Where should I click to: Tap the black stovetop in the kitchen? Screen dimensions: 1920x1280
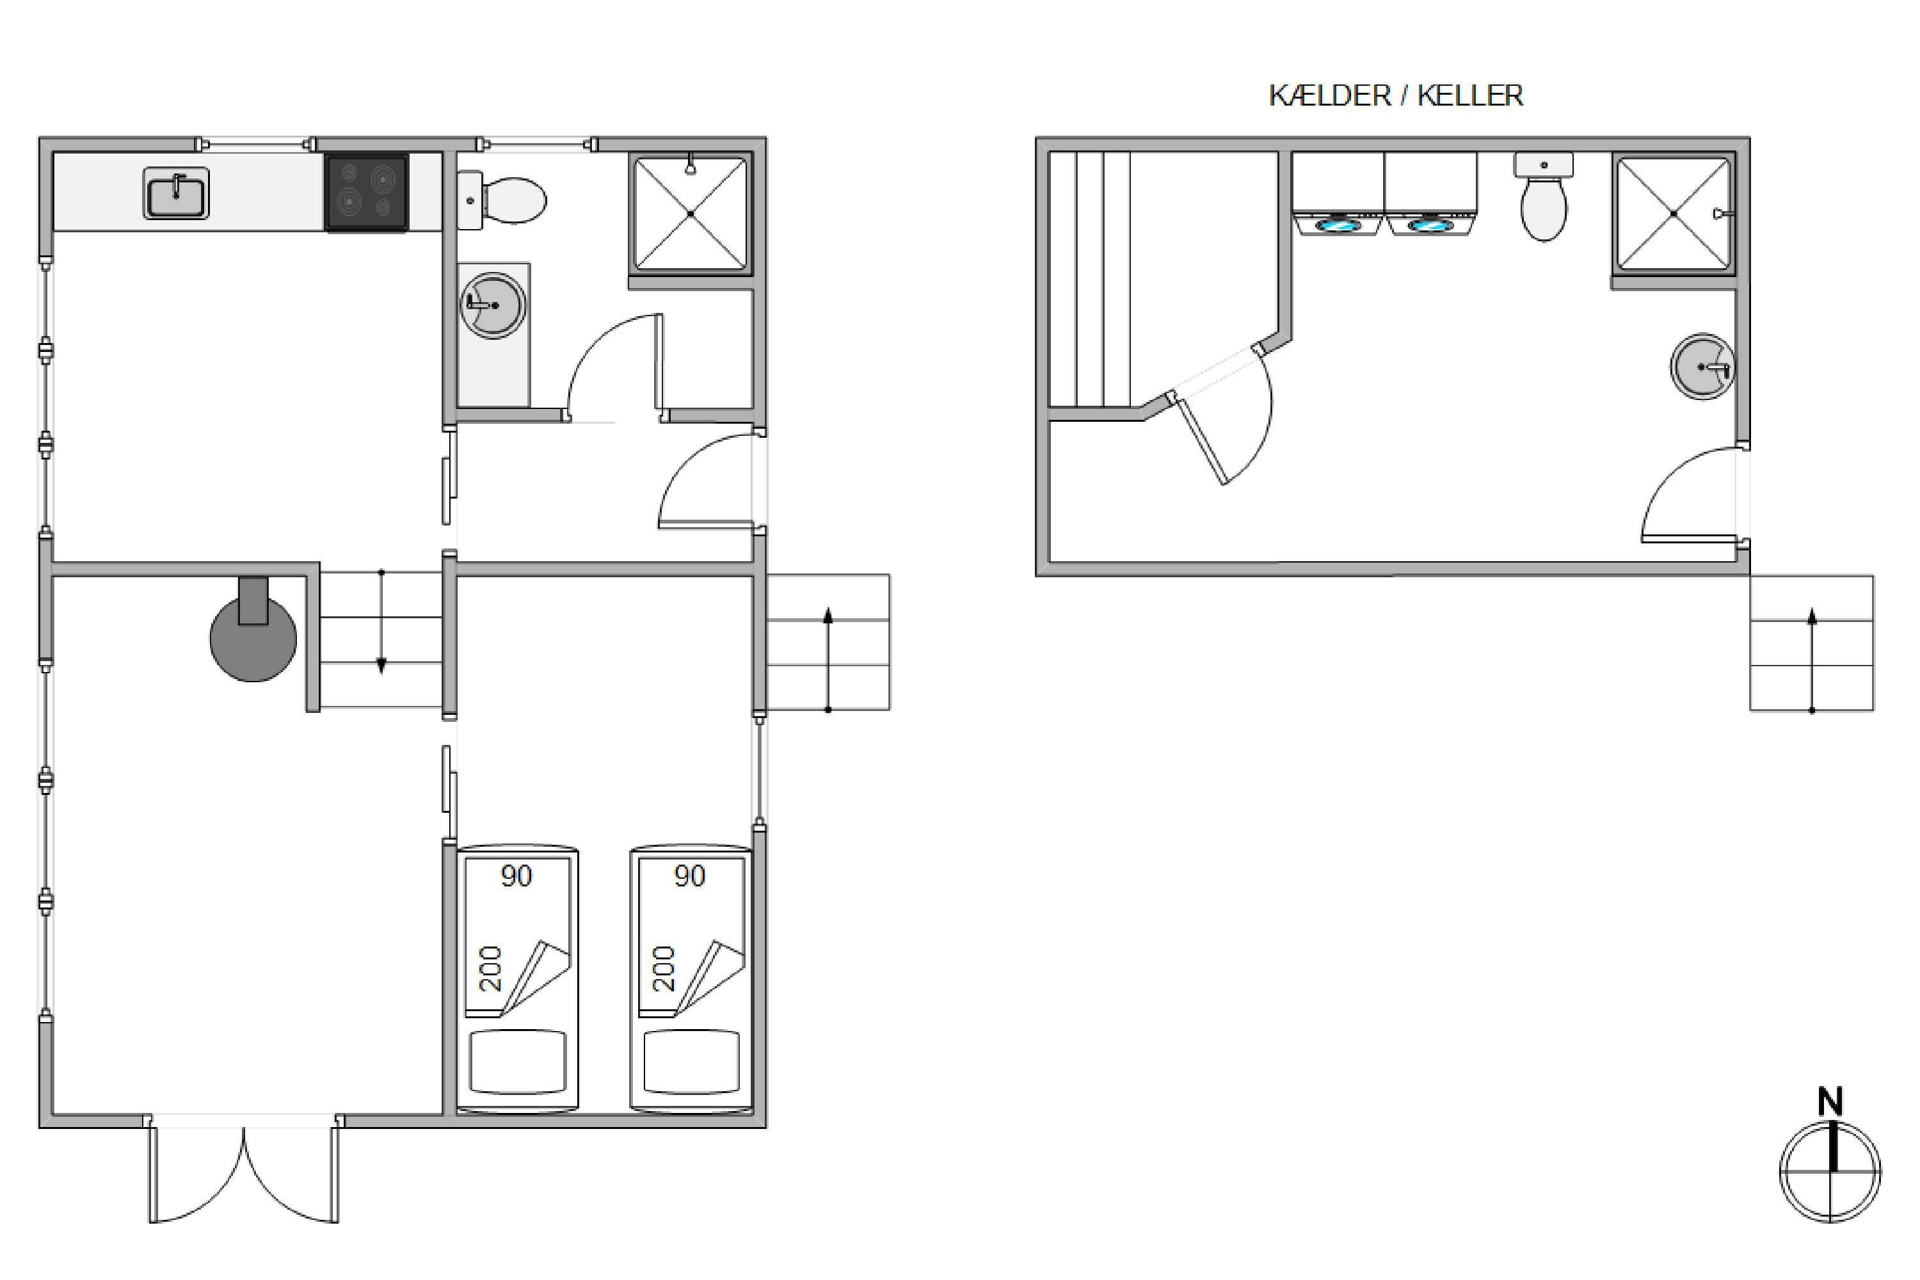[x=367, y=193]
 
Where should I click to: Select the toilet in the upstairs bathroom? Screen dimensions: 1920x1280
[x=501, y=199]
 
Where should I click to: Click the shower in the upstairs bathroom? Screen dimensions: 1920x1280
[x=691, y=214]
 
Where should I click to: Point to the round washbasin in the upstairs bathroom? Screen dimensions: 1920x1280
[x=492, y=305]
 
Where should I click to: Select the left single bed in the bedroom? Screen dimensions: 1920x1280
[x=518, y=980]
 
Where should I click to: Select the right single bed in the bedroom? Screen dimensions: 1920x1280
[x=691, y=980]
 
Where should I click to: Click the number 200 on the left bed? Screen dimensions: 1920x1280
[x=490, y=969]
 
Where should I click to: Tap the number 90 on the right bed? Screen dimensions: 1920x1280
[x=690, y=876]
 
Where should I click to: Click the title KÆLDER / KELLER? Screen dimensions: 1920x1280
[x=1396, y=95]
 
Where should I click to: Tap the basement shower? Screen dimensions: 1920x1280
[x=1674, y=214]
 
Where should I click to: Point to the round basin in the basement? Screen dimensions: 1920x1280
[x=1703, y=367]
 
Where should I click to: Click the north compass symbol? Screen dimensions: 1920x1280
[x=1830, y=1160]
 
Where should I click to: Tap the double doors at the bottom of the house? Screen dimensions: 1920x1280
[x=243, y=1171]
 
